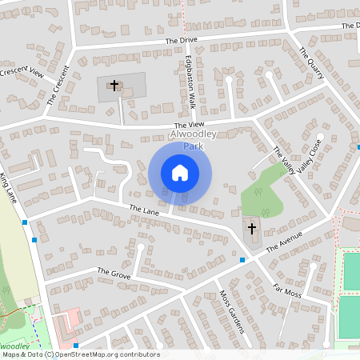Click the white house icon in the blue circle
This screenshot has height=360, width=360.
[180, 172]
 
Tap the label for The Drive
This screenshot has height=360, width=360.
[181, 40]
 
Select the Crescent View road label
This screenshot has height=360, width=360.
[22, 73]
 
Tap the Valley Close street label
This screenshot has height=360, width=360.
[308, 156]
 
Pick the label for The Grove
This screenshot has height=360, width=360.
[114, 273]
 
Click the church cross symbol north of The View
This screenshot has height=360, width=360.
[114, 84]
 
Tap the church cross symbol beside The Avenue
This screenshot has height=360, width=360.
[252, 229]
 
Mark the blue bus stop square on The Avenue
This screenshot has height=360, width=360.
[242, 260]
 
